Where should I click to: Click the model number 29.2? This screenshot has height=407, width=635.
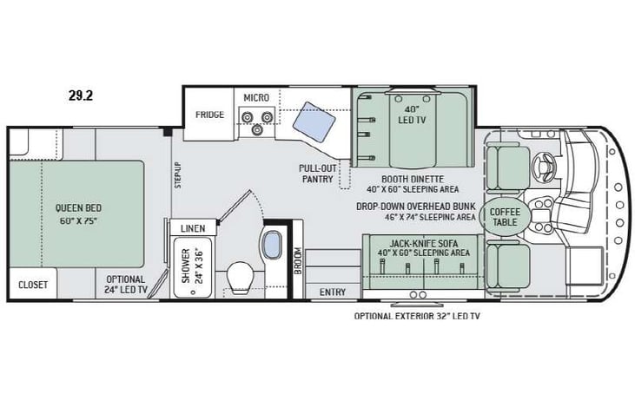pos(80,95)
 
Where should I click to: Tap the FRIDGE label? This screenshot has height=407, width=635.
pos(209,115)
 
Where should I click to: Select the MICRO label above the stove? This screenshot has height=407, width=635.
pos(256,97)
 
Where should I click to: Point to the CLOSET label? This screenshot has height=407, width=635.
pos(33,285)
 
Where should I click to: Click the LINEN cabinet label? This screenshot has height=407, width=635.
pos(192,228)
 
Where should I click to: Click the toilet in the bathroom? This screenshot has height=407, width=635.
pos(240,277)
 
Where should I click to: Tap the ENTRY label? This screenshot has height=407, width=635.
pos(332,292)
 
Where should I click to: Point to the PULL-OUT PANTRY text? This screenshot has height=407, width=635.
pos(318,174)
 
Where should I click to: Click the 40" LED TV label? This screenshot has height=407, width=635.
pos(412,115)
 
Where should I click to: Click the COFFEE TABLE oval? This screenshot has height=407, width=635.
pos(505,216)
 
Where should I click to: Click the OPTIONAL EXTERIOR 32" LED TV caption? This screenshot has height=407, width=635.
pos(416,317)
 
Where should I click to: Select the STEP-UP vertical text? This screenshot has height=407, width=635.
pos(177,177)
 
